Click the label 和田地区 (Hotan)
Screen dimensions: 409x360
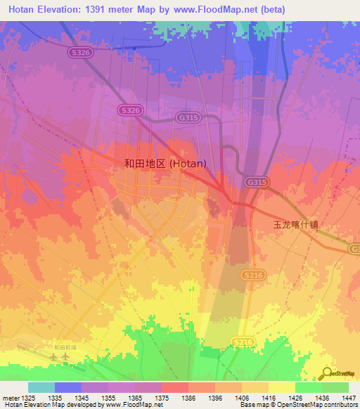(165, 163)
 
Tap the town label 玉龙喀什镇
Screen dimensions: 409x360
(295, 225)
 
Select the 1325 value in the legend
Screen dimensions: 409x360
(28, 398)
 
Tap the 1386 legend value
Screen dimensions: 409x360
(188, 398)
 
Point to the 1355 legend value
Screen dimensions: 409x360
(108, 398)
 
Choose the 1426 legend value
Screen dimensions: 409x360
(295, 398)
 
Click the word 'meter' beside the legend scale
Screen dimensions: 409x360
(11, 398)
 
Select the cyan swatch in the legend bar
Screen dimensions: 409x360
(41, 387)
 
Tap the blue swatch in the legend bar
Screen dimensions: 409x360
(68, 387)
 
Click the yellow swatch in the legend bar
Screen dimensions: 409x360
(281, 387)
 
